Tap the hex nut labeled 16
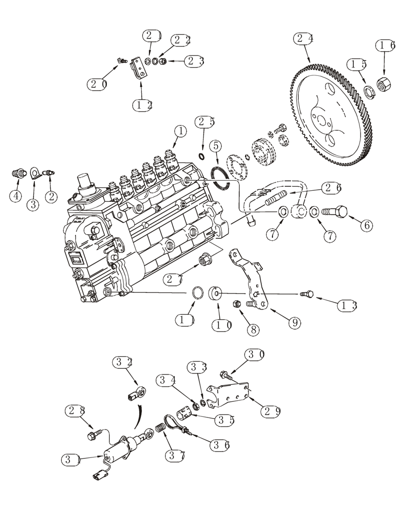385,81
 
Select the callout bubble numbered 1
180,132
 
